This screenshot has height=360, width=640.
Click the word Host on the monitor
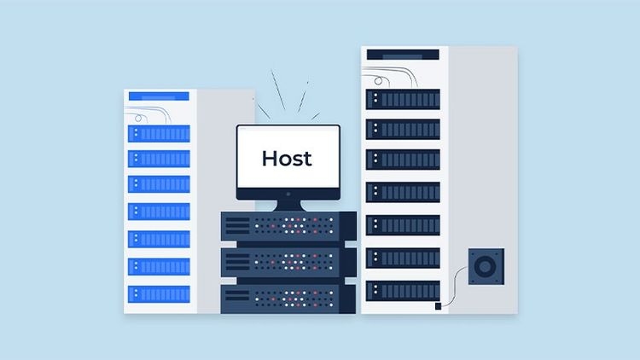coord(287,158)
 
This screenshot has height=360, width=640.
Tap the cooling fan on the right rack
coord(485,266)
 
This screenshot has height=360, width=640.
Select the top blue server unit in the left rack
coord(159,134)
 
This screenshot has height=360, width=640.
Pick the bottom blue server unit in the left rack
coord(159,293)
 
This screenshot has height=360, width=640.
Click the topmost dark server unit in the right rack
coord(403,99)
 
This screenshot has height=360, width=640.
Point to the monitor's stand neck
coord(287,204)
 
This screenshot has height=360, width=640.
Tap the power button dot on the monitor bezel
coord(288,194)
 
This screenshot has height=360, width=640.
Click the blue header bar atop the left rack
coord(160,97)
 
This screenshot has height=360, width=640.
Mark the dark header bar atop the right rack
coord(402,55)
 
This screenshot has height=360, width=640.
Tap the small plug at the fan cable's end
coord(438,305)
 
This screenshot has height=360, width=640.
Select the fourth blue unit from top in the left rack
coord(159,212)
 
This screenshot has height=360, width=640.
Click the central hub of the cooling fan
coord(485,266)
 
